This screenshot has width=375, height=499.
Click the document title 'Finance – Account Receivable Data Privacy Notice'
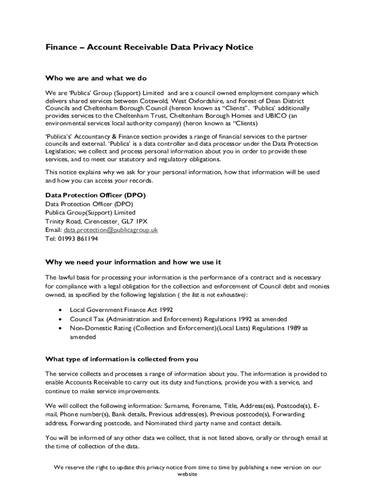[149, 47]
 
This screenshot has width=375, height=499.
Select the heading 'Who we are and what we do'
[96, 78]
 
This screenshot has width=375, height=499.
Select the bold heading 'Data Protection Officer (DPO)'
[95, 195]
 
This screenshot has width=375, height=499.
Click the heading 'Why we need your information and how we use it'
[133, 262]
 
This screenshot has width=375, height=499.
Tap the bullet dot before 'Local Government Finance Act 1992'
[60, 309]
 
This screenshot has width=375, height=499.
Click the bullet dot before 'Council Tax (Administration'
[60, 319]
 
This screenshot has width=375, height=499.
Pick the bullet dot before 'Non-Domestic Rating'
[60, 328]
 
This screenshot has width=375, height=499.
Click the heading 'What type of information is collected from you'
[122, 360]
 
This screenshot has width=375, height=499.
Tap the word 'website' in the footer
[187, 474]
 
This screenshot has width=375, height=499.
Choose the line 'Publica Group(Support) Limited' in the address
[91, 212]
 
